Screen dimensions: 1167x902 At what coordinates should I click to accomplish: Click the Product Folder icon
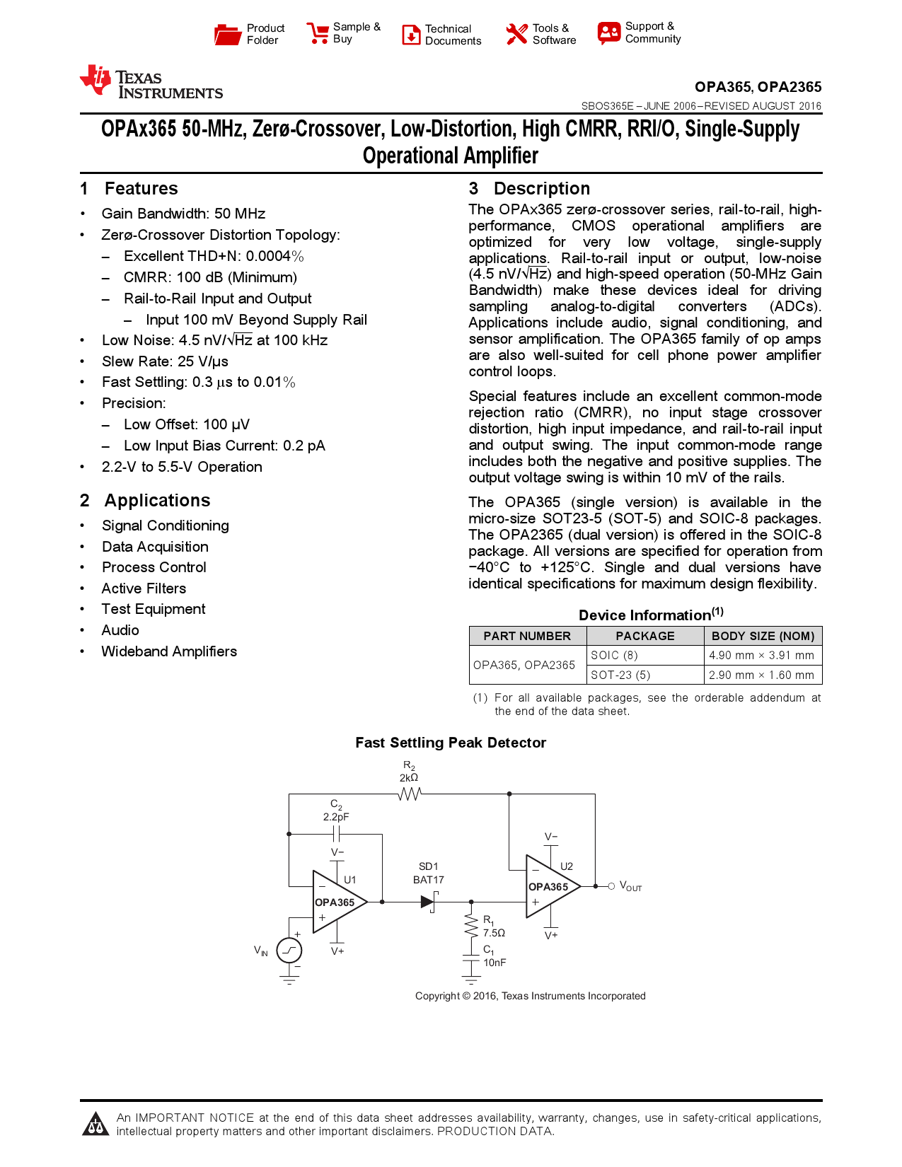[227, 34]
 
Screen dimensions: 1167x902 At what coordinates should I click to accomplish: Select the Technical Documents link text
[453, 35]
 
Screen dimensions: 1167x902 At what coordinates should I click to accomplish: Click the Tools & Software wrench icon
[516, 34]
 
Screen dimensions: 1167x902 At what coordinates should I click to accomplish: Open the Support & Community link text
[652, 33]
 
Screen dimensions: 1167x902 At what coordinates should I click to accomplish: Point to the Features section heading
[141, 189]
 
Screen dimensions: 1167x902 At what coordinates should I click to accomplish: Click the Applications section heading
[157, 501]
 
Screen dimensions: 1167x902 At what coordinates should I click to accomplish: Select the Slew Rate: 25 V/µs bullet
[165, 361]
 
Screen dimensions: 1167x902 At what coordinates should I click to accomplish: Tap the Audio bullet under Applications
[120, 630]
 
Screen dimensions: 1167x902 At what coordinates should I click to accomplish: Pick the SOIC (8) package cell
[614, 656]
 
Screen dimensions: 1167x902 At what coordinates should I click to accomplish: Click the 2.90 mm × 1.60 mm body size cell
[761, 675]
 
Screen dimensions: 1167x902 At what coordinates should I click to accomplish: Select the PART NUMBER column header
[527, 636]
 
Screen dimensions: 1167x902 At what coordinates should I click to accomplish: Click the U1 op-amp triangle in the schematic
[337, 902]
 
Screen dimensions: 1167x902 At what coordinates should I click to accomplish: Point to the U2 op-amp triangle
[550, 887]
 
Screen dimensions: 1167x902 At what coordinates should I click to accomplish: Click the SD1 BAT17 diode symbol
[428, 902]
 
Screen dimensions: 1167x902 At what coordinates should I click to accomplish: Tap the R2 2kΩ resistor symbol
[409, 794]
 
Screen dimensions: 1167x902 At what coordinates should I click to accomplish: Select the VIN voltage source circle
[289, 950]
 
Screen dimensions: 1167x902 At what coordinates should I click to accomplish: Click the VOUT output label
[630, 886]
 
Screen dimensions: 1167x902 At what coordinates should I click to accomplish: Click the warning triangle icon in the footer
[96, 1124]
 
